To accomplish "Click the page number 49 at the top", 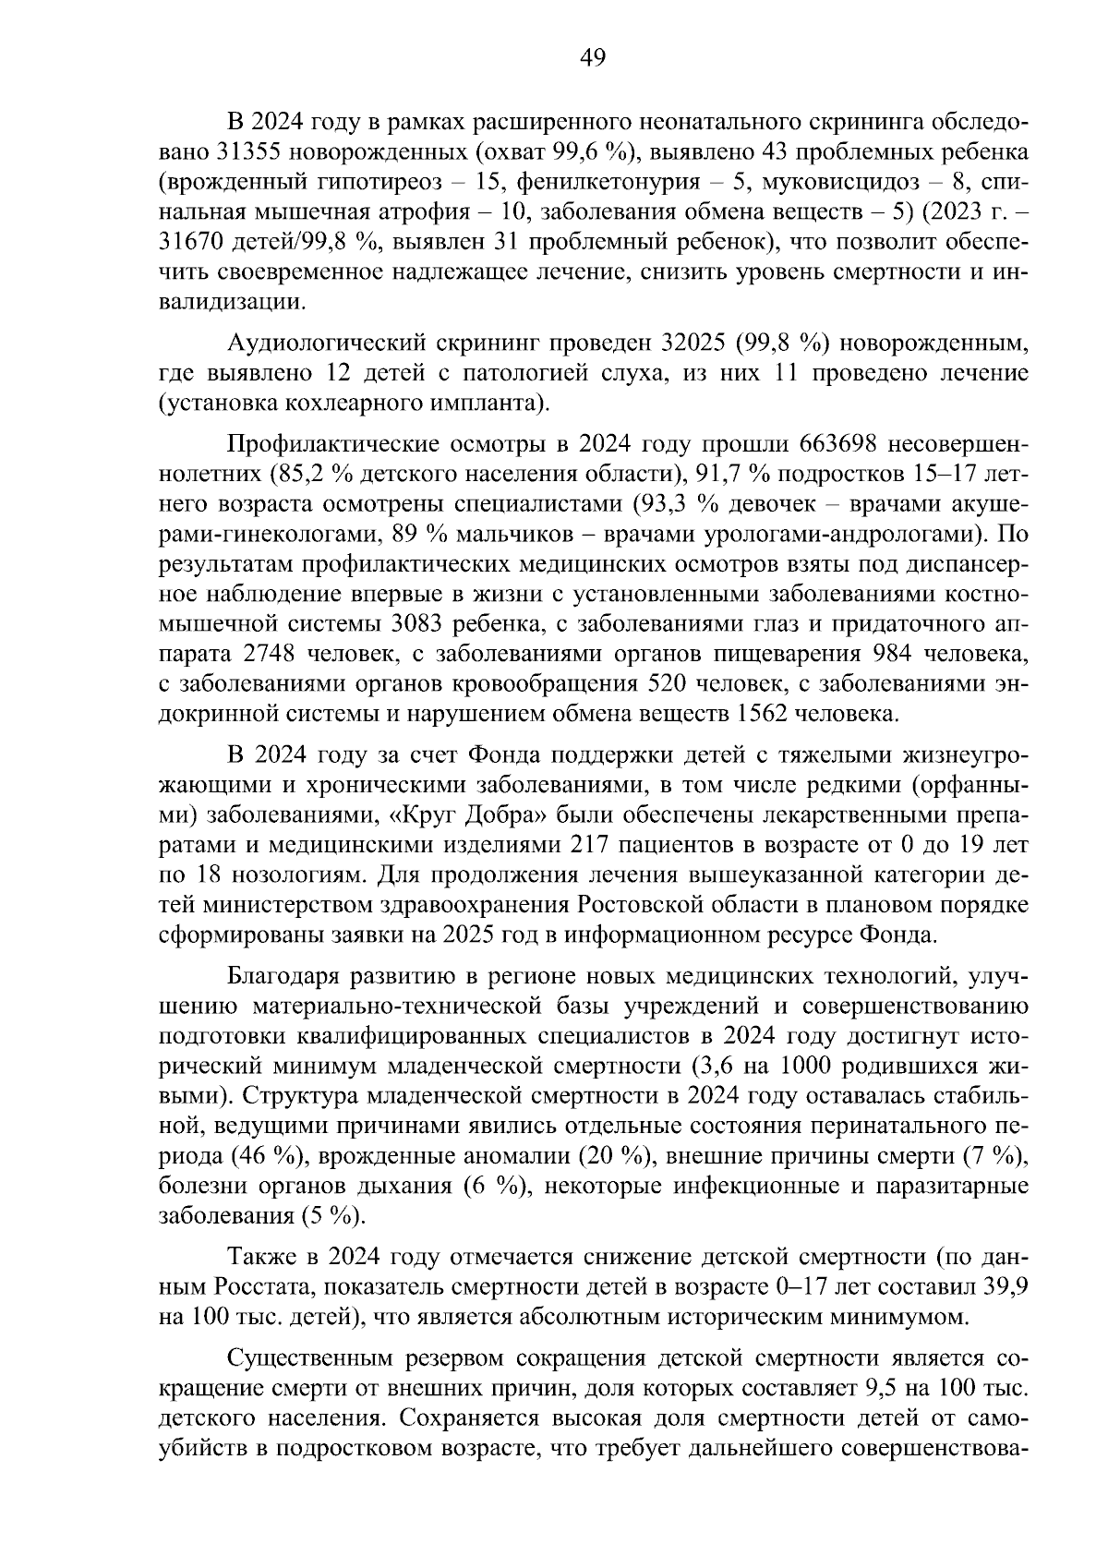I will [592, 58].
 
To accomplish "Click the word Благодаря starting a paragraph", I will [295, 975].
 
